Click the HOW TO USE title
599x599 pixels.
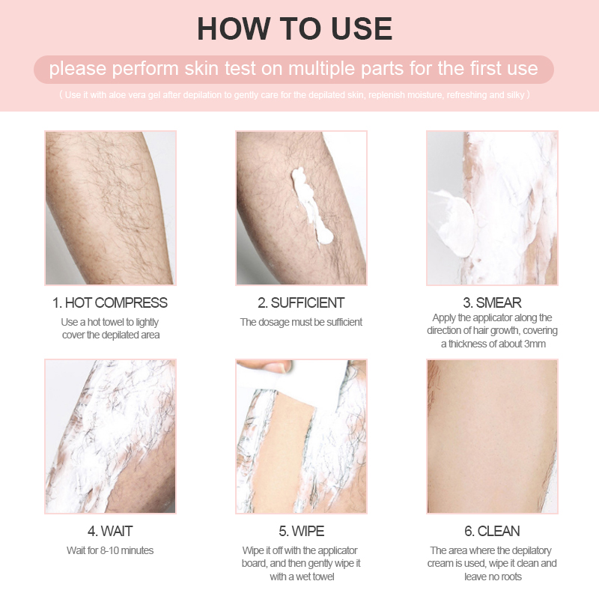294,28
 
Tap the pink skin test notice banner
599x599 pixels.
294,69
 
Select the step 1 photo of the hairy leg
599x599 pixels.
110,207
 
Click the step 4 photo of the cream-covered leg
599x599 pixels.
110,436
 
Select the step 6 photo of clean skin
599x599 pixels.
492,436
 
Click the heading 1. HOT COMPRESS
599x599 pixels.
110,303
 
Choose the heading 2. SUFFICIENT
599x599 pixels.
301,303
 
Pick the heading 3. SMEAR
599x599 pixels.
492,303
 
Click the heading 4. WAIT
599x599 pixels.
110,532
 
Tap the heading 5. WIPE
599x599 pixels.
301,532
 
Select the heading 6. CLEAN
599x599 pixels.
492,532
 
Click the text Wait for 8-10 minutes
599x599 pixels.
110,551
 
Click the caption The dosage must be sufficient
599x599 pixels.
301,322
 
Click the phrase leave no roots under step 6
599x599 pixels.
492,577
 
